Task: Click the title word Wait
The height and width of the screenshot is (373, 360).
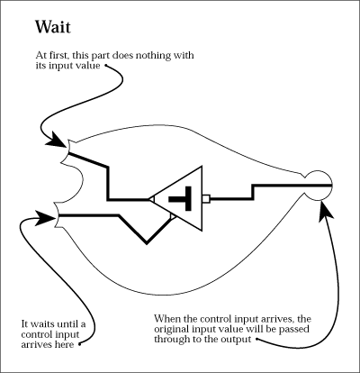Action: (x=53, y=27)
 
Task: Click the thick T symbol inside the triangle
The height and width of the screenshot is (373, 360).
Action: (x=181, y=198)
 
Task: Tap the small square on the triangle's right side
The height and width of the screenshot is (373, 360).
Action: (x=206, y=198)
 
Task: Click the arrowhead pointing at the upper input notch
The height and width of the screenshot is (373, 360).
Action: (x=57, y=140)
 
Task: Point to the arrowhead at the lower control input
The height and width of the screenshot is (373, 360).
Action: (x=46, y=218)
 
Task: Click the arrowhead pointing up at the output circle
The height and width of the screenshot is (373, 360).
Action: (x=325, y=211)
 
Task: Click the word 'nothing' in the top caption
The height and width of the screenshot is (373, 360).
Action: (x=157, y=56)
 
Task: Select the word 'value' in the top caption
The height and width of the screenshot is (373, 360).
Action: (x=88, y=66)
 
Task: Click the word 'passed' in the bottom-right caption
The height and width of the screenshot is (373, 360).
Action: (x=294, y=329)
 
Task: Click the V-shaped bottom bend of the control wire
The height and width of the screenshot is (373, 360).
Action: (x=147, y=242)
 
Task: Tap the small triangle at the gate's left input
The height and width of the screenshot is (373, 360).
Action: (x=151, y=199)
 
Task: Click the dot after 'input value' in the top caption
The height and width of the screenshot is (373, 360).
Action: (x=105, y=65)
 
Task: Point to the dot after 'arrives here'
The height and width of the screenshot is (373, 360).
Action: (x=80, y=344)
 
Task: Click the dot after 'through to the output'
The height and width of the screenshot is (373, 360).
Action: (x=256, y=340)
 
